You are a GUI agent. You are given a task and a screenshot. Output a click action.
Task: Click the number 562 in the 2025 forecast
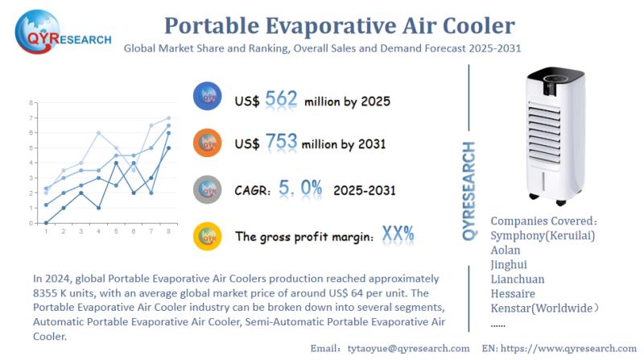click(281, 100)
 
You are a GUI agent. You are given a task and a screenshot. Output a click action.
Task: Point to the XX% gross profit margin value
click(398, 235)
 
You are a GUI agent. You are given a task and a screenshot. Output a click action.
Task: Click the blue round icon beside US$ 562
click(207, 97)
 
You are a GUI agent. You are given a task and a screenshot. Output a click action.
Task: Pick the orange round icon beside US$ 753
click(207, 143)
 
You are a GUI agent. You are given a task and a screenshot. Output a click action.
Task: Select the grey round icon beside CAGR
click(207, 189)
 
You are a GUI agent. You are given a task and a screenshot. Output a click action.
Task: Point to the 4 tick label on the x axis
click(97, 232)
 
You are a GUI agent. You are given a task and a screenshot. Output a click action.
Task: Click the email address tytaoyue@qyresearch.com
click(407, 348)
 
